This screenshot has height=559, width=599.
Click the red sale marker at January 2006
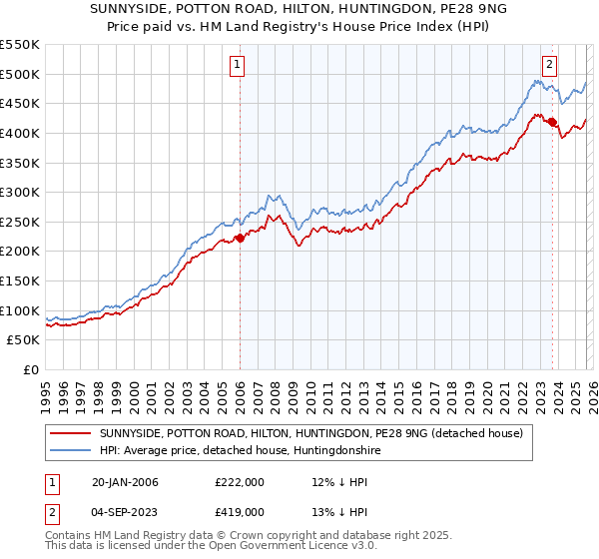[240, 238]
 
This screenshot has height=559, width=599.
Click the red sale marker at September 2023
[552, 122]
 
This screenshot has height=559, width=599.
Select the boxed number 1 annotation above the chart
[238, 65]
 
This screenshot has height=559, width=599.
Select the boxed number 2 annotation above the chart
[549, 65]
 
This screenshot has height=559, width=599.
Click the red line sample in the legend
[72, 433]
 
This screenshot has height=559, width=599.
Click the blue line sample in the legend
[72, 451]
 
